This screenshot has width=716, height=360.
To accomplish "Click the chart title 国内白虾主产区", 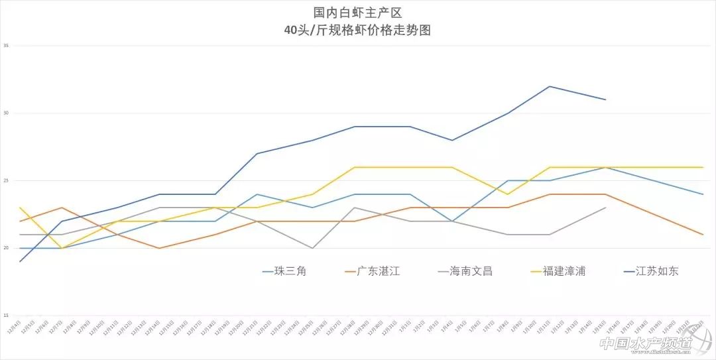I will pos(357,13).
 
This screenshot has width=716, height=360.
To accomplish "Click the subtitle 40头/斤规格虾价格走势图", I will pos(357,30).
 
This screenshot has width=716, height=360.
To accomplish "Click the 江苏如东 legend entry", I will pos(656,270).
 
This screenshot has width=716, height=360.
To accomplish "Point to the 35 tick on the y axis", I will pos(6,46).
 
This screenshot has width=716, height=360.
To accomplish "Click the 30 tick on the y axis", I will pos(6,113).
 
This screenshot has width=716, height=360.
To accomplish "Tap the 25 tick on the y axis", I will pos(6,180).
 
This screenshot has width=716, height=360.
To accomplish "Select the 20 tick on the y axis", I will pos(6,248).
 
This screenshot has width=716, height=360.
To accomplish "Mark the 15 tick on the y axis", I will pos(6,316).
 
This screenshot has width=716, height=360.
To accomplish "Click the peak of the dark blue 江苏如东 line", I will pos(550,86).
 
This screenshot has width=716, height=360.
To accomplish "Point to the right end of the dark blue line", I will pos(605,99).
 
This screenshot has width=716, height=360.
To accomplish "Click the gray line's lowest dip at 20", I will pos(312,248).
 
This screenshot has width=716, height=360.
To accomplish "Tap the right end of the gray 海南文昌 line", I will pos(605,208).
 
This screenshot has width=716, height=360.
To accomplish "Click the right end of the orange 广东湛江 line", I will pos(703,234).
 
